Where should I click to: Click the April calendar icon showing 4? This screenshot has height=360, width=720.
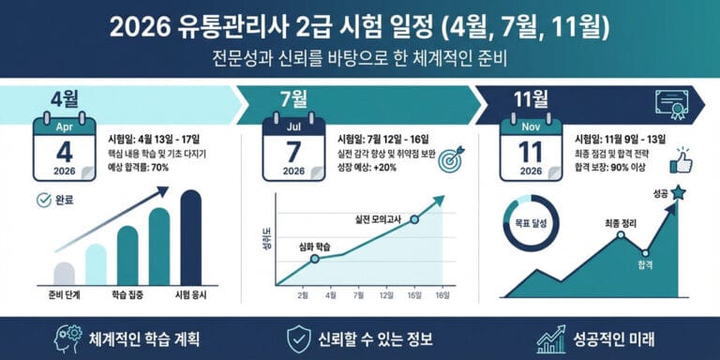(x=65, y=148)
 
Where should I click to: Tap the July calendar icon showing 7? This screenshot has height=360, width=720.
(x=293, y=148)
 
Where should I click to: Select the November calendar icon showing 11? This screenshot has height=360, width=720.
(x=531, y=148)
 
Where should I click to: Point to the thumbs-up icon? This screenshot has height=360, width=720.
(x=681, y=161)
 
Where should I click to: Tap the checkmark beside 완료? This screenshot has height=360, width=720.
(x=42, y=199)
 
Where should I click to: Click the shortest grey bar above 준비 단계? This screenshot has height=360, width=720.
(x=65, y=273)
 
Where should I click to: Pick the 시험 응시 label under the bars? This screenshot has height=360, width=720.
(x=190, y=295)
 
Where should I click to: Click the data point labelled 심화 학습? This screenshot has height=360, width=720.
(x=315, y=256)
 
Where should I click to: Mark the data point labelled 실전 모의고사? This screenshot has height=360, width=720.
(x=414, y=219)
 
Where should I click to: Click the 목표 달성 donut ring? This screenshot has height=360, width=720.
(x=531, y=225)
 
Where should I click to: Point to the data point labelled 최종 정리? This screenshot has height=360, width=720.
(x=620, y=234)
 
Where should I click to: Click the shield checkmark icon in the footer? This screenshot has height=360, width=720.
(x=297, y=338)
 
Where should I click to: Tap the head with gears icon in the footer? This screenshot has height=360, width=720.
(x=69, y=338)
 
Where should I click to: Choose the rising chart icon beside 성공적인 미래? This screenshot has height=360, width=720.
(x=551, y=338)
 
